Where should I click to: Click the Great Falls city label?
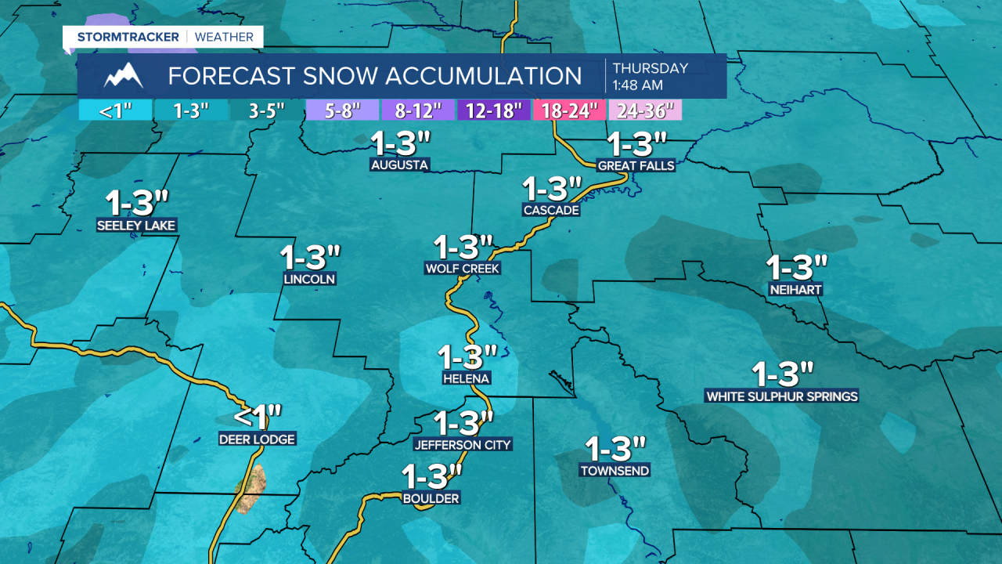[636, 166]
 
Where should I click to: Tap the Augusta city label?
[400, 165]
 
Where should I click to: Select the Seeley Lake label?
[136, 226]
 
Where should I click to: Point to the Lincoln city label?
[310, 279]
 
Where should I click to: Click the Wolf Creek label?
[463, 269]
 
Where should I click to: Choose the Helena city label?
[466, 378]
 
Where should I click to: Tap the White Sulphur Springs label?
[782, 396]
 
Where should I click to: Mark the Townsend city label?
[615, 471]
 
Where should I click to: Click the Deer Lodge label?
[257, 439]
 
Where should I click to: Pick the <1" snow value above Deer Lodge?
[257, 415]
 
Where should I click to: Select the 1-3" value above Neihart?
[797, 268]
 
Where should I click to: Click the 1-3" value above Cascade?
[553, 189]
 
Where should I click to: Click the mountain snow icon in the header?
[124, 76]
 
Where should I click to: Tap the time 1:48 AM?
[638, 84]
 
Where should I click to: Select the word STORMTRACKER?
[128, 37]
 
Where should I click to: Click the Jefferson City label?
[463, 445]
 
